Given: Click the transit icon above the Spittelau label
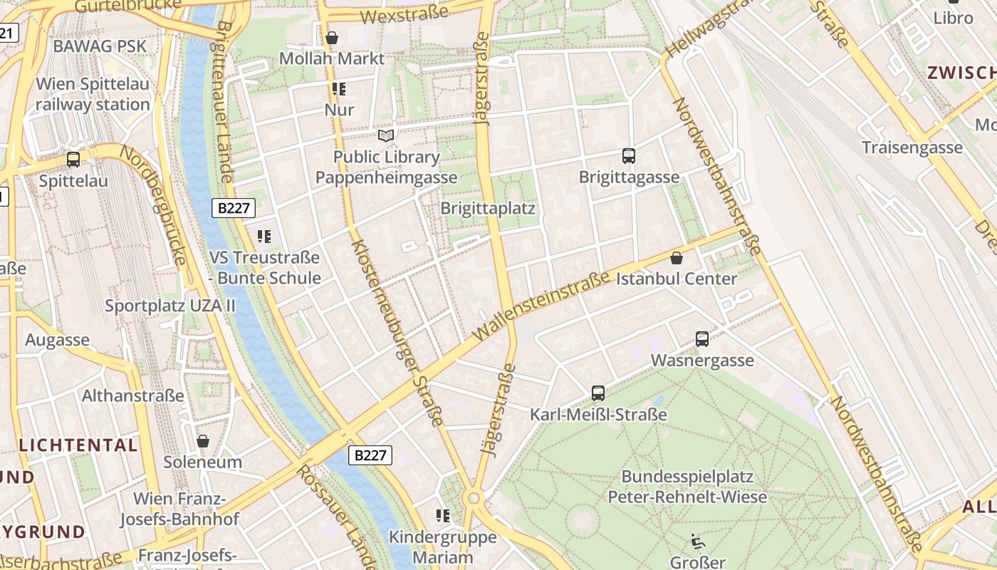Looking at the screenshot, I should pyautogui.click(x=73, y=160).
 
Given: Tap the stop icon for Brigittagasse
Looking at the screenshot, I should pyautogui.click(x=628, y=156).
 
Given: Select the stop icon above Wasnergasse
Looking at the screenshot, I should pyautogui.click(x=701, y=339).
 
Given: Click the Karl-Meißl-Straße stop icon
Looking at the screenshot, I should pyautogui.click(x=598, y=393).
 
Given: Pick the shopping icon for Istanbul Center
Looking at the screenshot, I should pyautogui.click(x=677, y=257).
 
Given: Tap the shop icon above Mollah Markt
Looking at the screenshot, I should pyautogui.click(x=331, y=38).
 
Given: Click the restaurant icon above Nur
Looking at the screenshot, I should pyautogui.click(x=339, y=89).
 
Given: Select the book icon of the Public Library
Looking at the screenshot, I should pyautogui.click(x=386, y=135).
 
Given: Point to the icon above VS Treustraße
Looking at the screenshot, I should pyautogui.click(x=264, y=236).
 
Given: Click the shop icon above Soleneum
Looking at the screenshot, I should pyautogui.click(x=203, y=441).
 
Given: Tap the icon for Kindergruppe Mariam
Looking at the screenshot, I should pyautogui.click(x=443, y=515).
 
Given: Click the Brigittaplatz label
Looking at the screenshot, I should pyautogui.click(x=488, y=209).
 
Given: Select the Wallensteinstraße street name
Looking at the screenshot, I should pyautogui.click(x=541, y=304).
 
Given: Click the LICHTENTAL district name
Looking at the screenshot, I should pyautogui.click(x=78, y=445).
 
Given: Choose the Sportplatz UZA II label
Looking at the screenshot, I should pyautogui.click(x=170, y=306).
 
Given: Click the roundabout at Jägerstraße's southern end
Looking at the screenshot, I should pyautogui.click(x=473, y=497).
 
